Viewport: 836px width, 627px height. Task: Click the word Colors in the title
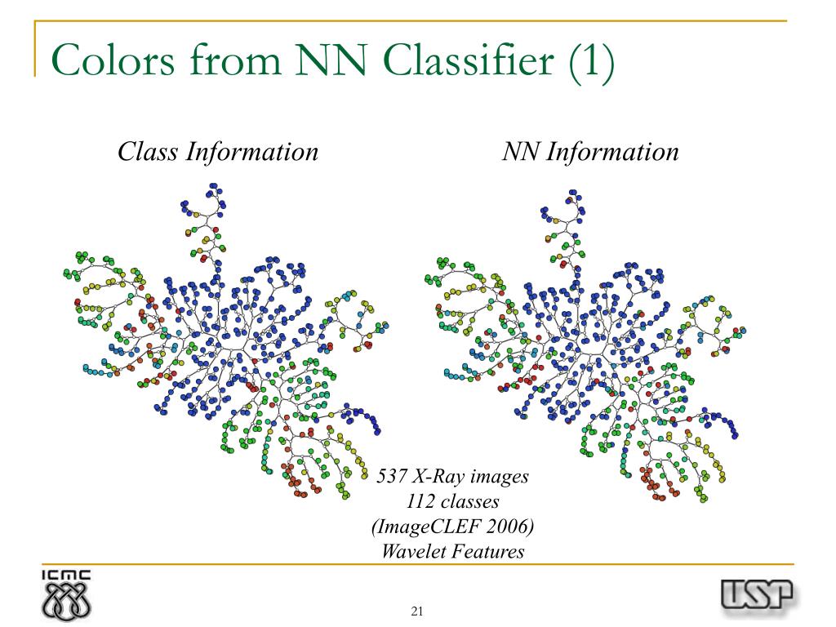pyautogui.click(x=113, y=60)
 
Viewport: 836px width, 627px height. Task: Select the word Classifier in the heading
pyautogui.click(x=469, y=60)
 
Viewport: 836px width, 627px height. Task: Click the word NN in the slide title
pyautogui.click(x=331, y=60)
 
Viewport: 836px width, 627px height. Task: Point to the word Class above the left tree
pyautogui.click(x=148, y=151)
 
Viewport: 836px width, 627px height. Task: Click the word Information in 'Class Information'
pyautogui.click(x=252, y=152)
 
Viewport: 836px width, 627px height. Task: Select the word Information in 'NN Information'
pyautogui.click(x=612, y=152)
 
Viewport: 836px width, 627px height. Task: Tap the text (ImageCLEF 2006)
pyautogui.click(x=452, y=527)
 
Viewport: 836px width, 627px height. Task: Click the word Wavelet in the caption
pyautogui.click(x=413, y=551)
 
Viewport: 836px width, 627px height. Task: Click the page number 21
pyautogui.click(x=417, y=611)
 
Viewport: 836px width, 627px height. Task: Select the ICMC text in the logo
pyautogui.click(x=66, y=576)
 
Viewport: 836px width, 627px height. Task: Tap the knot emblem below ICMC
pyautogui.click(x=66, y=602)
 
